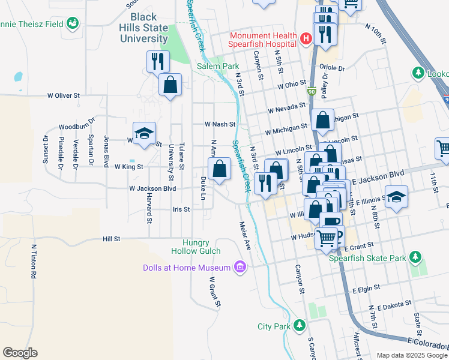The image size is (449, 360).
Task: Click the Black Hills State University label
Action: coord(148,28)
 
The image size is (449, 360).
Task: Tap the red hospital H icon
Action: coord(306,40)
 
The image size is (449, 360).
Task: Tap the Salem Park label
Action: coord(218,66)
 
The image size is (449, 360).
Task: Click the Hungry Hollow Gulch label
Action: coord(201,246)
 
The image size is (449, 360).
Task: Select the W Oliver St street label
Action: coord(64,95)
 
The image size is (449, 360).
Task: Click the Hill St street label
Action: coord(112,238)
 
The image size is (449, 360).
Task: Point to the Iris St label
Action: coord(181,209)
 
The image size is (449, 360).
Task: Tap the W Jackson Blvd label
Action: coord(152,188)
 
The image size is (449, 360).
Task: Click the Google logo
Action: coord(20,353)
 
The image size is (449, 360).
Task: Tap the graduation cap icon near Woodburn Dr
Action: coord(144,134)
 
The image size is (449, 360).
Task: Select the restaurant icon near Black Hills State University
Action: coord(158,61)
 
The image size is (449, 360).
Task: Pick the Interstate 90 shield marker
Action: coord(310,91)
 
